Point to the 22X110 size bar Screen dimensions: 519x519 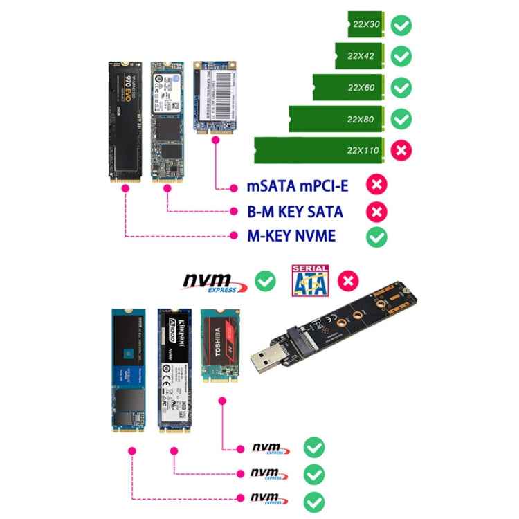[318, 150]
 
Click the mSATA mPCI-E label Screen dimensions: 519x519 [297, 186]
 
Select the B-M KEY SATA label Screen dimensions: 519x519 [295, 211]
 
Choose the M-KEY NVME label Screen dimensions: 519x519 [291, 236]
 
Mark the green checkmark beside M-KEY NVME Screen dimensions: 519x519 [376, 236]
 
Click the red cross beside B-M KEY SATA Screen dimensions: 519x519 [376, 211]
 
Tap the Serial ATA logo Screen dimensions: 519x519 [309, 281]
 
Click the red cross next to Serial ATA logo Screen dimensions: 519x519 [350, 281]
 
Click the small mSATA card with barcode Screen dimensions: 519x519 [215, 92]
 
